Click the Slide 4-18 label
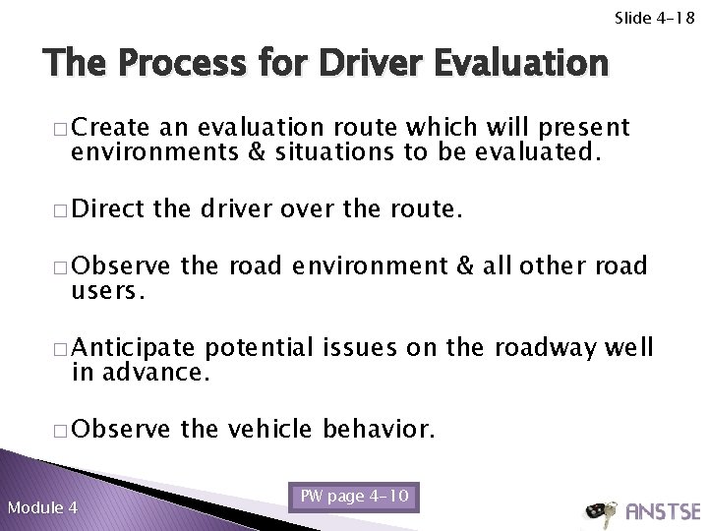click(x=656, y=17)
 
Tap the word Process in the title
click(x=174, y=65)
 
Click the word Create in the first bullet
click(x=110, y=128)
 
